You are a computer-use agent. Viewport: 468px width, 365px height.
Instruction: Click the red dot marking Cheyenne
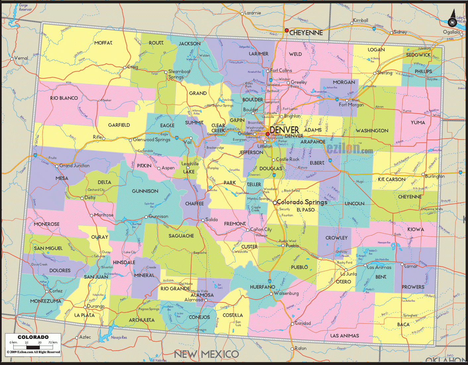pos(287,30)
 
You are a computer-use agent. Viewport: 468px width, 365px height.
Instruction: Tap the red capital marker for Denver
pos(267,134)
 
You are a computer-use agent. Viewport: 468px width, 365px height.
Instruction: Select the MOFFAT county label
pos(103,43)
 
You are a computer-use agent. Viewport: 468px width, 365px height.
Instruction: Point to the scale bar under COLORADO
pos(33,346)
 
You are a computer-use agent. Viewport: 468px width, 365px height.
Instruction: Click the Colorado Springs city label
pos(302,202)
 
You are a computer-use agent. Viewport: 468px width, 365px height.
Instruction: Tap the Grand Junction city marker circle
pos(57,166)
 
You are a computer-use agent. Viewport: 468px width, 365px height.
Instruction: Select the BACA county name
pos(403,325)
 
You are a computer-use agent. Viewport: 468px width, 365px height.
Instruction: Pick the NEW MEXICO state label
pos(206,354)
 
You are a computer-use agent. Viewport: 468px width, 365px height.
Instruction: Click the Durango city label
pos(96,306)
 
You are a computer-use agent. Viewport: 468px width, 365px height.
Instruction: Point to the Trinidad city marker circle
pos(292,324)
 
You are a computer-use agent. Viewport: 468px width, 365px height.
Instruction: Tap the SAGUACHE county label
pos(181,236)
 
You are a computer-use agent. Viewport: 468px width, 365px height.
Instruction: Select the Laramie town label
pos(253,13)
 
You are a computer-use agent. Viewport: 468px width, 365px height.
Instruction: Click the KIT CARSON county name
pos(392,180)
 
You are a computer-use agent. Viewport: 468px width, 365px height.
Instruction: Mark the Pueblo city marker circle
pos(283,245)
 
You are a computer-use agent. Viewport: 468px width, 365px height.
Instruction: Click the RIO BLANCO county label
pos(64,98)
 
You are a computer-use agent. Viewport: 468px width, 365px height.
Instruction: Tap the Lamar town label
pos(411,266)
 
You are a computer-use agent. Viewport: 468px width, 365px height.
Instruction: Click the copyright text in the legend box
pos(33,352)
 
